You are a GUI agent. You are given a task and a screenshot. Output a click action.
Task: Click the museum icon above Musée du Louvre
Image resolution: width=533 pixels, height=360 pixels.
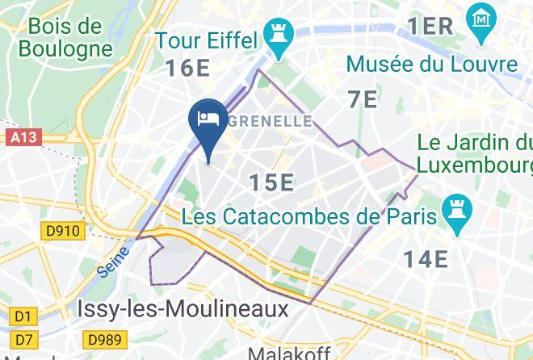pyautogui.click(x=481, y=17)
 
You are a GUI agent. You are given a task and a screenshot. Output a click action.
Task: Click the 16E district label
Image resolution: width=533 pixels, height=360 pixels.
pyautogui.click(x=189, y=68)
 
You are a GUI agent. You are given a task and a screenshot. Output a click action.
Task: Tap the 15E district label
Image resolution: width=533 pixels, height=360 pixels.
pyautogui.click(x=271, y=182)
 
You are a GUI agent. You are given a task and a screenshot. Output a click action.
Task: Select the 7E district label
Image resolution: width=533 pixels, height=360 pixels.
pyautogui.click(x=363, y=99)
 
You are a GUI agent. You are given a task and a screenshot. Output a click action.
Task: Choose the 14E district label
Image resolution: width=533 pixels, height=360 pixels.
pyautogui.click(x=426, y=258)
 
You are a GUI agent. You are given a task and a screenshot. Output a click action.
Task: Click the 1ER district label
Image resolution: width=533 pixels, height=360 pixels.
pyautogui.click(x=430, y=26)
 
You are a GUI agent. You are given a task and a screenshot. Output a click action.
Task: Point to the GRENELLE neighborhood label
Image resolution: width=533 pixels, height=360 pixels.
pyautogui.click(x=271, y=121)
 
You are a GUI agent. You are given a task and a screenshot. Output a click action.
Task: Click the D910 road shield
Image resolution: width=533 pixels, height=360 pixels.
pyautogui.click(x=62, y=232)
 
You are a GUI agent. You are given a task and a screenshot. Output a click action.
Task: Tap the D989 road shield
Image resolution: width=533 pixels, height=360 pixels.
pyautogui.click(x=104, y=339)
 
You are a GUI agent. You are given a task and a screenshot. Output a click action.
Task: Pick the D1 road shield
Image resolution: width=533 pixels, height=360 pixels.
pyautogui.click(x=24, y=316)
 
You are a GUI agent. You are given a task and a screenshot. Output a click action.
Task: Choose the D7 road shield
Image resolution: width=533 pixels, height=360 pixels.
pyautogui.click(x=24, y=338)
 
